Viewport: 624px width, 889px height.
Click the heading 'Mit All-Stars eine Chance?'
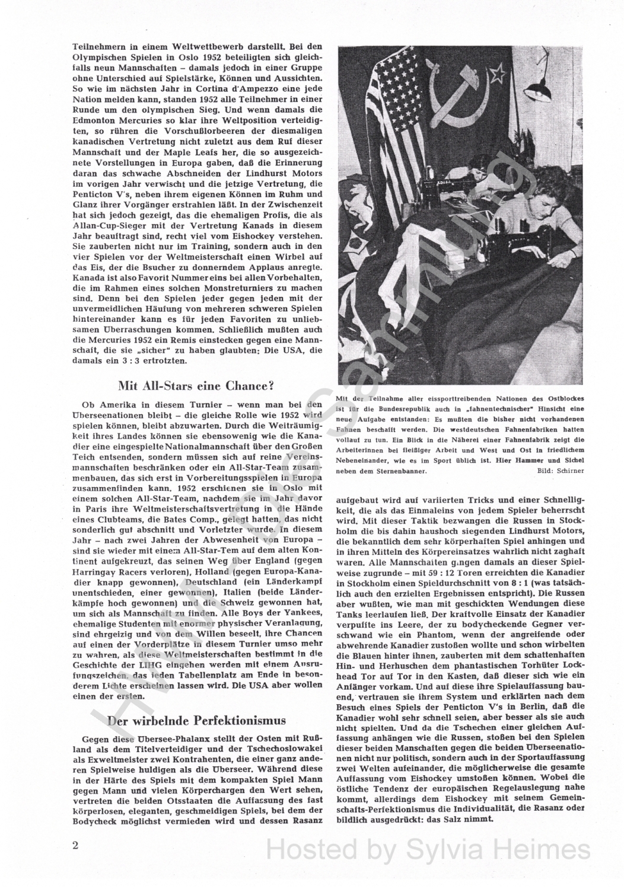(x=196, y=386)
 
